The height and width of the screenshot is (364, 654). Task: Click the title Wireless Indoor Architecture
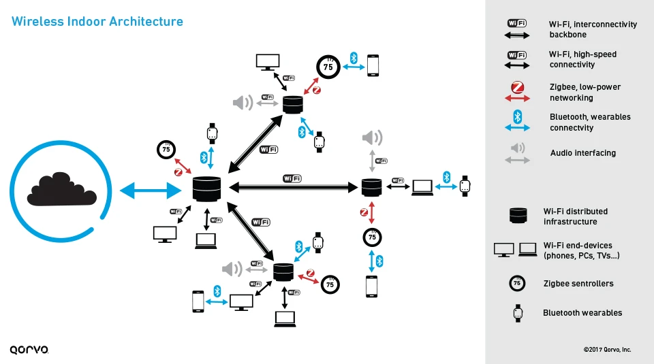tap(97, 22)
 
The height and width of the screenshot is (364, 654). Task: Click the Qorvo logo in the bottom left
tap(29, 349)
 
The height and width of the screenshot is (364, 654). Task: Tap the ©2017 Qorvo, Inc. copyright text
tap(607, 349)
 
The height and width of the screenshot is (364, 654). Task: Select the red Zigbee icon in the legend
tap(517, 88)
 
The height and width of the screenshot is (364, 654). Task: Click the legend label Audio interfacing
tap(582, 153)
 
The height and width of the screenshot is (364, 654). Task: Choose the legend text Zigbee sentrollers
tap(578, 284)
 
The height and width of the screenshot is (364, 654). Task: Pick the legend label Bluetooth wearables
tap(582, 313)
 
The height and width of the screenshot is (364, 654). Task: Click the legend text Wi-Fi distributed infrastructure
tap(575, 216)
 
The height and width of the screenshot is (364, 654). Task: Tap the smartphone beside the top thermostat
tap(373, 66)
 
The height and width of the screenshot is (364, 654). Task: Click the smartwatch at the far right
tap(465, 185)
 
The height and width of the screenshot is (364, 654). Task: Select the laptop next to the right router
tap(422, 187)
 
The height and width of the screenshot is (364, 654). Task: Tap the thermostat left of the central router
tap(166, 149)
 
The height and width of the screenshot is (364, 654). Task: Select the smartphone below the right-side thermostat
tap(371, 286)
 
